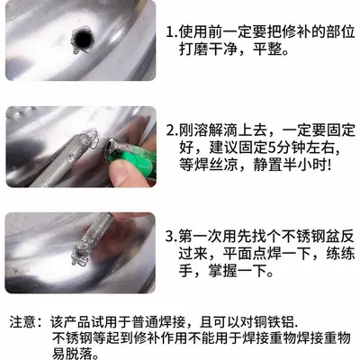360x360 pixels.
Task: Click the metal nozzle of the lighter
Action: click(x=111, y=146)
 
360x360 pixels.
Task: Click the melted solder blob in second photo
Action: click(x=89, y=139)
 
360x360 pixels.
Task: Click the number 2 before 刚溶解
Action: click(x=171, y=130)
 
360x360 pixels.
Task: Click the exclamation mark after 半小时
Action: click(x=329, y=166)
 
